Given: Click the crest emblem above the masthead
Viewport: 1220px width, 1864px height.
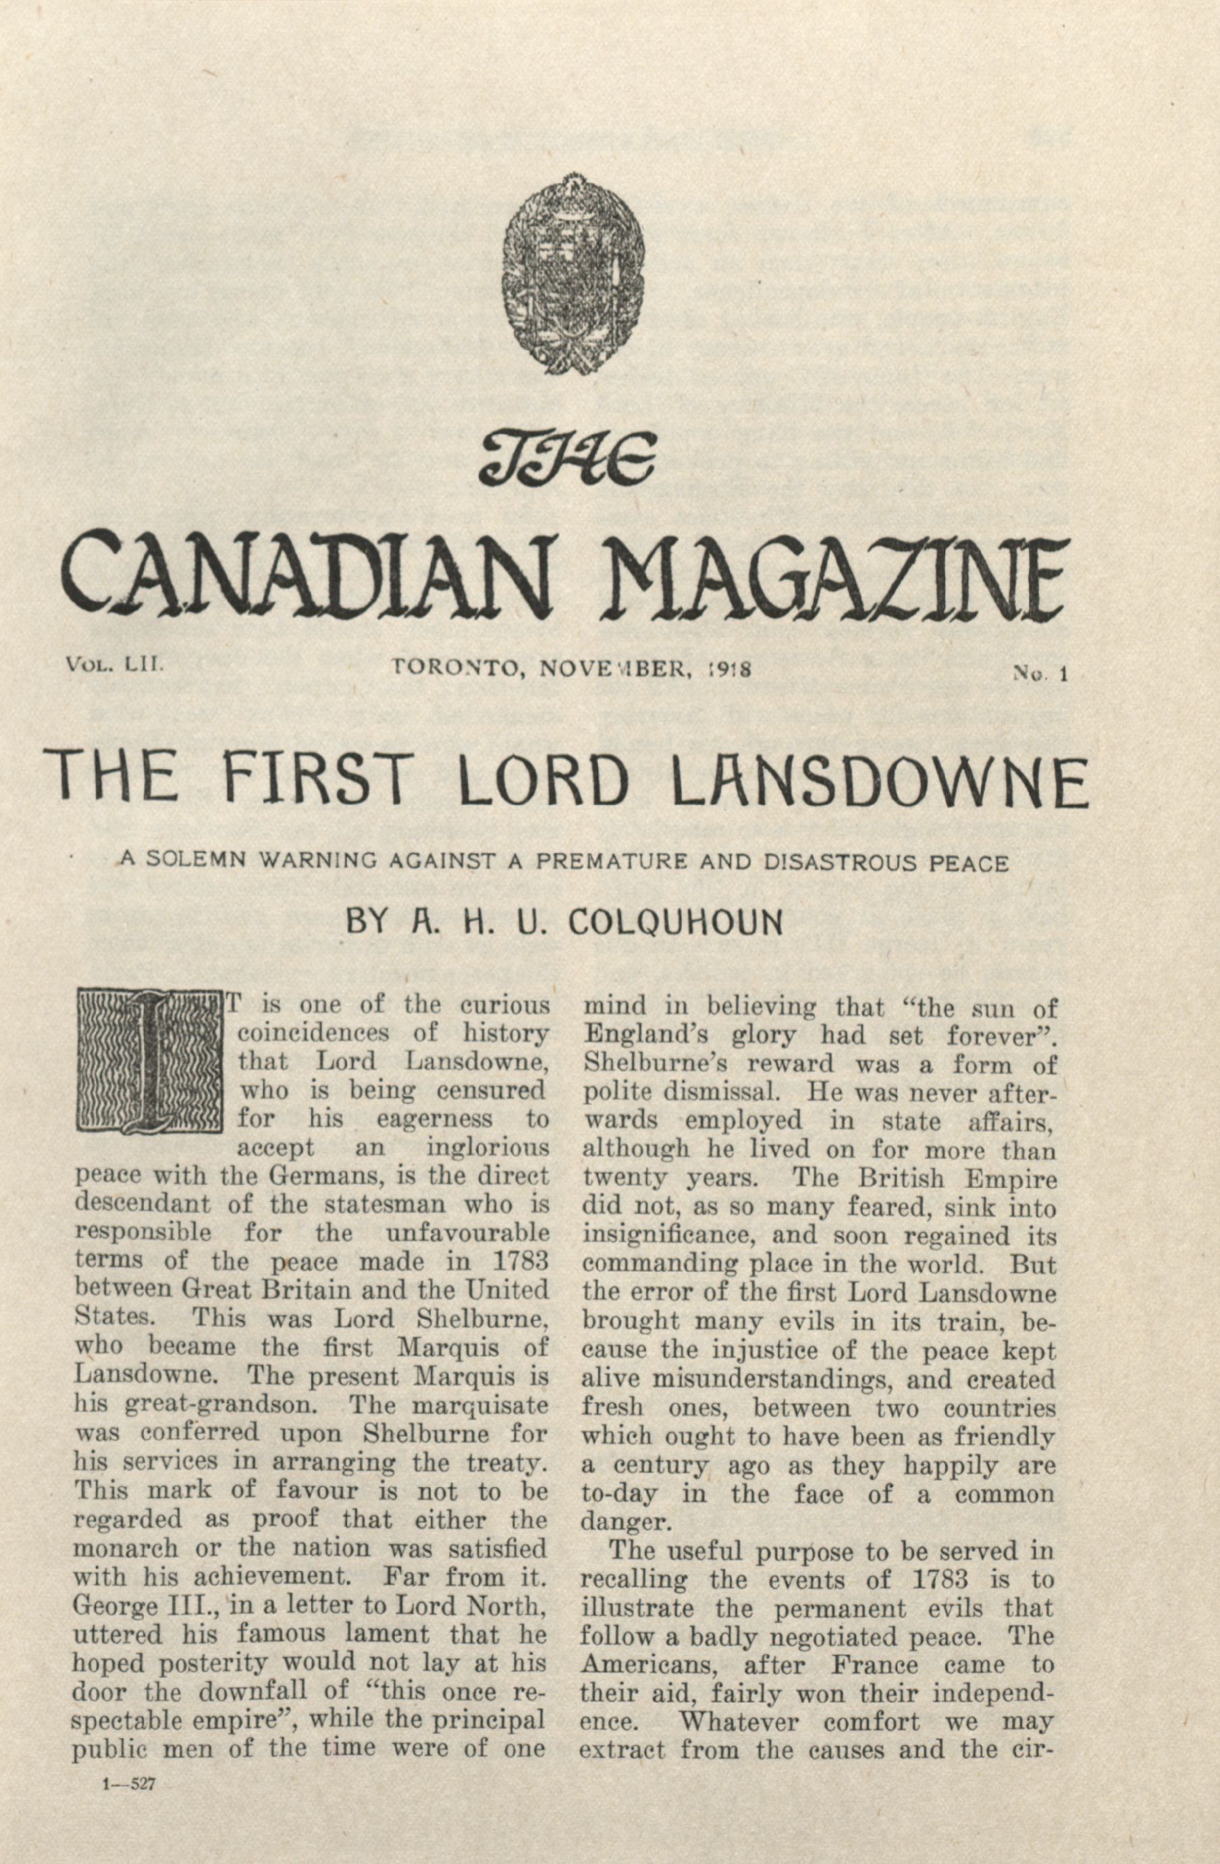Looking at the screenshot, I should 573,275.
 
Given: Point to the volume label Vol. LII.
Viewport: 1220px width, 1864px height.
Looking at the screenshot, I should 114,666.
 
